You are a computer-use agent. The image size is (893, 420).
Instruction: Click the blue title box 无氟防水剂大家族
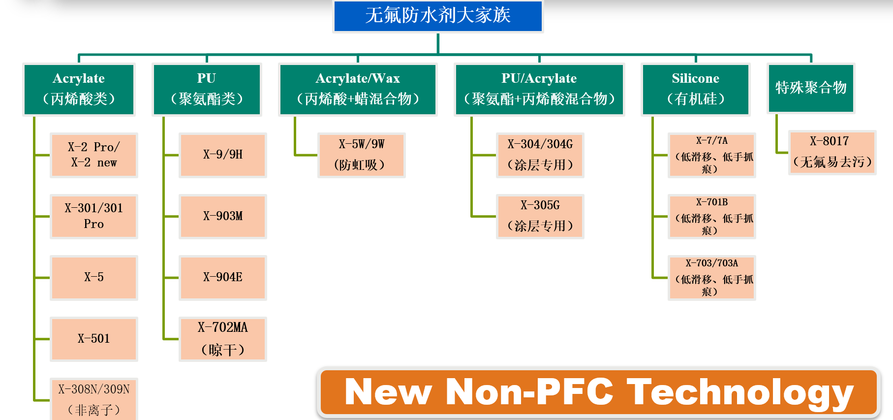click(x=438, y=16)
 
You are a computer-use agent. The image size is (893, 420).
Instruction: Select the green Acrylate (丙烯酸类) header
click(x=79, y=89)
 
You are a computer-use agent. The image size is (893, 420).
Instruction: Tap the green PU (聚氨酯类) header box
click(x=207, y=89)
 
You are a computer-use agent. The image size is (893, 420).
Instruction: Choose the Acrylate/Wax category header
click(x=358, y=89)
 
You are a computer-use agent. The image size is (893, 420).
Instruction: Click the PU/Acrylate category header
click(x=539, y=89)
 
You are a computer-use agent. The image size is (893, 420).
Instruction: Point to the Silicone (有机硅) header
click(x=695, y=89)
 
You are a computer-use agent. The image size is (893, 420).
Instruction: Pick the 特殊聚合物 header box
click(x=811, y=88)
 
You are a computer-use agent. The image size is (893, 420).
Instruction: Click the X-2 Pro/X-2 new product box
click(x=93, y=155)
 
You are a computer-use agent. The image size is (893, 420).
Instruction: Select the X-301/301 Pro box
click(x=93, y=216)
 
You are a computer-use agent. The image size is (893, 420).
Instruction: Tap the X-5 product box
click(x=93, y=277)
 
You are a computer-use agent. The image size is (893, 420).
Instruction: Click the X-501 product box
click(x=93, y=339)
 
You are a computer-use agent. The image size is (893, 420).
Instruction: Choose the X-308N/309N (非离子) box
click(x=93, y=399)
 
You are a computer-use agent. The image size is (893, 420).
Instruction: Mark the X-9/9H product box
click(x=223, y=155)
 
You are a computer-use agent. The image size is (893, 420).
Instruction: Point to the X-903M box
click(x=223, y=216)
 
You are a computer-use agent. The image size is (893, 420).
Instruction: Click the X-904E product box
click(x=223, y=277)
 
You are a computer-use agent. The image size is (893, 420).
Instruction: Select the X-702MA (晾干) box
click(x=223, y=339)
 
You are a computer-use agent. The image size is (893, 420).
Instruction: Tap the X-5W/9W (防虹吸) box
click(x=361, y=155)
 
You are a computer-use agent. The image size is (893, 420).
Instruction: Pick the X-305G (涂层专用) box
click(x=540, y=216)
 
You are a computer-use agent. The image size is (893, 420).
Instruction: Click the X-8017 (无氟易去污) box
click(x=832, y=152)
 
